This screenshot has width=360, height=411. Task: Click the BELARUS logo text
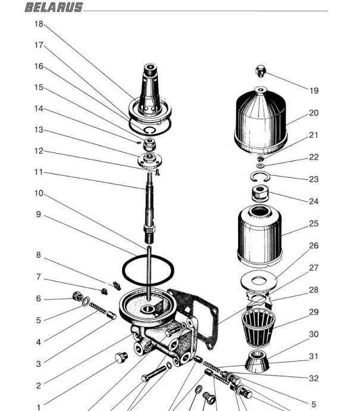(x=54, y=8)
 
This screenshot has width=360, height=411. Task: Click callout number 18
(x=39, y=24)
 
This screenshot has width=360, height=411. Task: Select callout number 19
(x=314, y=91)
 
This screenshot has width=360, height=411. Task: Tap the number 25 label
(x=314, y=224)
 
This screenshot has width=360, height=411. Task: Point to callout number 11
(x=39, y=172)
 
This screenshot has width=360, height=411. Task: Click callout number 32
(x=314, y=378)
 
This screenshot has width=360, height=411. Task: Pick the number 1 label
(x=39, y=407)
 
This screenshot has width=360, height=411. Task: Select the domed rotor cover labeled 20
(x=261, y=119)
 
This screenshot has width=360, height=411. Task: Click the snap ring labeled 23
(x=259, y=176)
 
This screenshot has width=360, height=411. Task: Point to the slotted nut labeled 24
(x=259, y=193)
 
